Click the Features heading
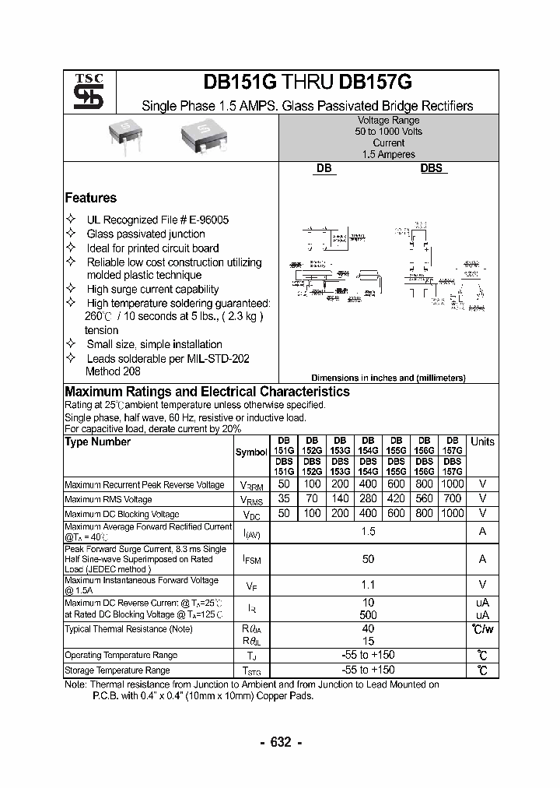(x=90, y=198)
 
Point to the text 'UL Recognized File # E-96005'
(x=158, y=220)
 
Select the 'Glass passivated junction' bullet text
(x=145, y=234)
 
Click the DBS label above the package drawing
(x=432, y=168)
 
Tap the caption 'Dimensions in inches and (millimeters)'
(x=388, y=378)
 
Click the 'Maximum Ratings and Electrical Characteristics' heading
(x=207, y=392)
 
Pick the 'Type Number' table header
(x=97, y=441)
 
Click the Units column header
(x=482, y=441)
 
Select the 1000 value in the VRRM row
(x=452, y=484)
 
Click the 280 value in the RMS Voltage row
(x=368, y=498)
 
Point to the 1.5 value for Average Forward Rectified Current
(x=368, y=531)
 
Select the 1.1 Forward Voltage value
(x=368, y=585)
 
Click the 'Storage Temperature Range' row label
(x=117, y=670)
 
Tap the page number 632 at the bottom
(x=280, y=742)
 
